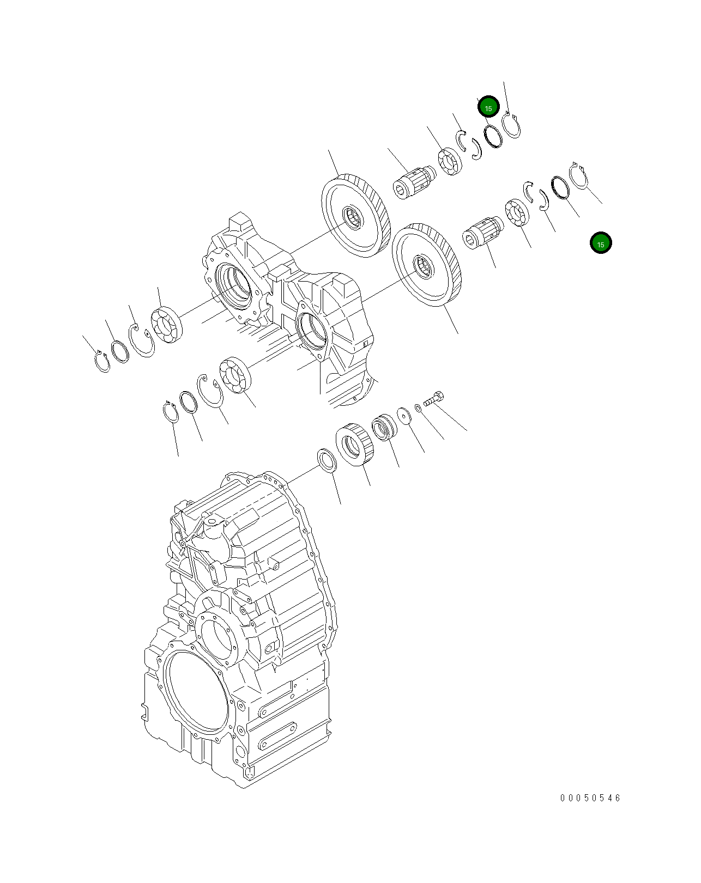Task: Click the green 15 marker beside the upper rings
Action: (x=488, y=108)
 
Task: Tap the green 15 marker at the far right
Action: (x=601, y=243)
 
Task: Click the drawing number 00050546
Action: (x=590, y=798)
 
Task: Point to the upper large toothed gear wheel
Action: (x=356, y=216)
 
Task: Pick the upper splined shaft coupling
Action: (x=414, y=180)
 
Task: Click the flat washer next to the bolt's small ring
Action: (x=404, y=416)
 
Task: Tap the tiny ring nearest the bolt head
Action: (x=418, y=407)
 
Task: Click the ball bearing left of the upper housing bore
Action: (x=167, y=325)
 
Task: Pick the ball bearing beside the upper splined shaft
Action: (x=450, y=161)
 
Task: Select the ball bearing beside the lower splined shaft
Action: (x=517, y=212)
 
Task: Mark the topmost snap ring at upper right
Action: (x=511, y=125)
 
